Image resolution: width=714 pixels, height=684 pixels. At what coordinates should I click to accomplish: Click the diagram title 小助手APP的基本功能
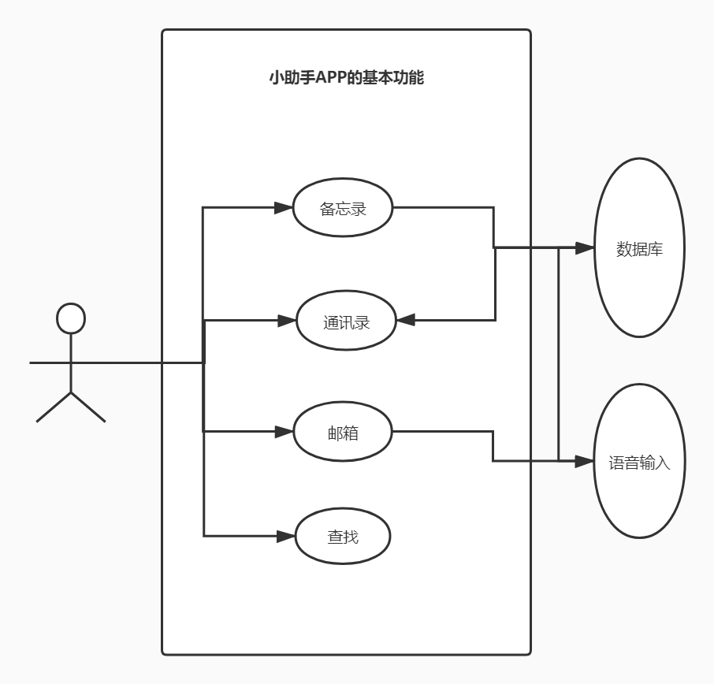click(346, 78)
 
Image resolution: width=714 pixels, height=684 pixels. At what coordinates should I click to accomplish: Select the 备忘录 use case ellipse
click(343, 208)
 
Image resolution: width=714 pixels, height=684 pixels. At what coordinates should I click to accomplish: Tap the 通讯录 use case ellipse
click(345, 321)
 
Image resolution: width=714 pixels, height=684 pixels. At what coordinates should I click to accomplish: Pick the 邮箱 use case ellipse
click(343, 432)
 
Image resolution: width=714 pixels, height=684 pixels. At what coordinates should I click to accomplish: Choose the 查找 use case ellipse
click(343, 537)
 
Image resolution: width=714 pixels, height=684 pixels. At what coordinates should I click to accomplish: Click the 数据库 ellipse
click(639, 248)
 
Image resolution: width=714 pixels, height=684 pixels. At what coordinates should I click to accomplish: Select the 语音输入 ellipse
click(639, 462)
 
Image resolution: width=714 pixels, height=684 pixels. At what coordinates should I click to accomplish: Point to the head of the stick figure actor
click(71, 318)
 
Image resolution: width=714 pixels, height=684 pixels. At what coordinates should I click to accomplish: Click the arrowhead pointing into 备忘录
click(284, 208)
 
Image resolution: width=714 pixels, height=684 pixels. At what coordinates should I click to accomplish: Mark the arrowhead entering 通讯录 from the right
click(406, 321)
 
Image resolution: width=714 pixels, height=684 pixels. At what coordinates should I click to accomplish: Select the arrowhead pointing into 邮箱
click(284, 432)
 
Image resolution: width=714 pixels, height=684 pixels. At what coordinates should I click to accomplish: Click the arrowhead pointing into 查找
click(285, 537)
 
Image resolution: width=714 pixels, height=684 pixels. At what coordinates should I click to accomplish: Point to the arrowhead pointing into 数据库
click(584, 248)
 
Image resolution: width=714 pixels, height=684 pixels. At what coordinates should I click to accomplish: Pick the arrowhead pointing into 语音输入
click(584, 462)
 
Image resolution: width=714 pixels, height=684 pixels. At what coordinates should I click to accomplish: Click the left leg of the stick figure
click(54, 407)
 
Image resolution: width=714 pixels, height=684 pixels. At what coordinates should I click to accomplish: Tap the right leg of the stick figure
click(88, 407)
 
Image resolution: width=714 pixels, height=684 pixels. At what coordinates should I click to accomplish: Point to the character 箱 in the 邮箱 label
click(351, 433)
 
